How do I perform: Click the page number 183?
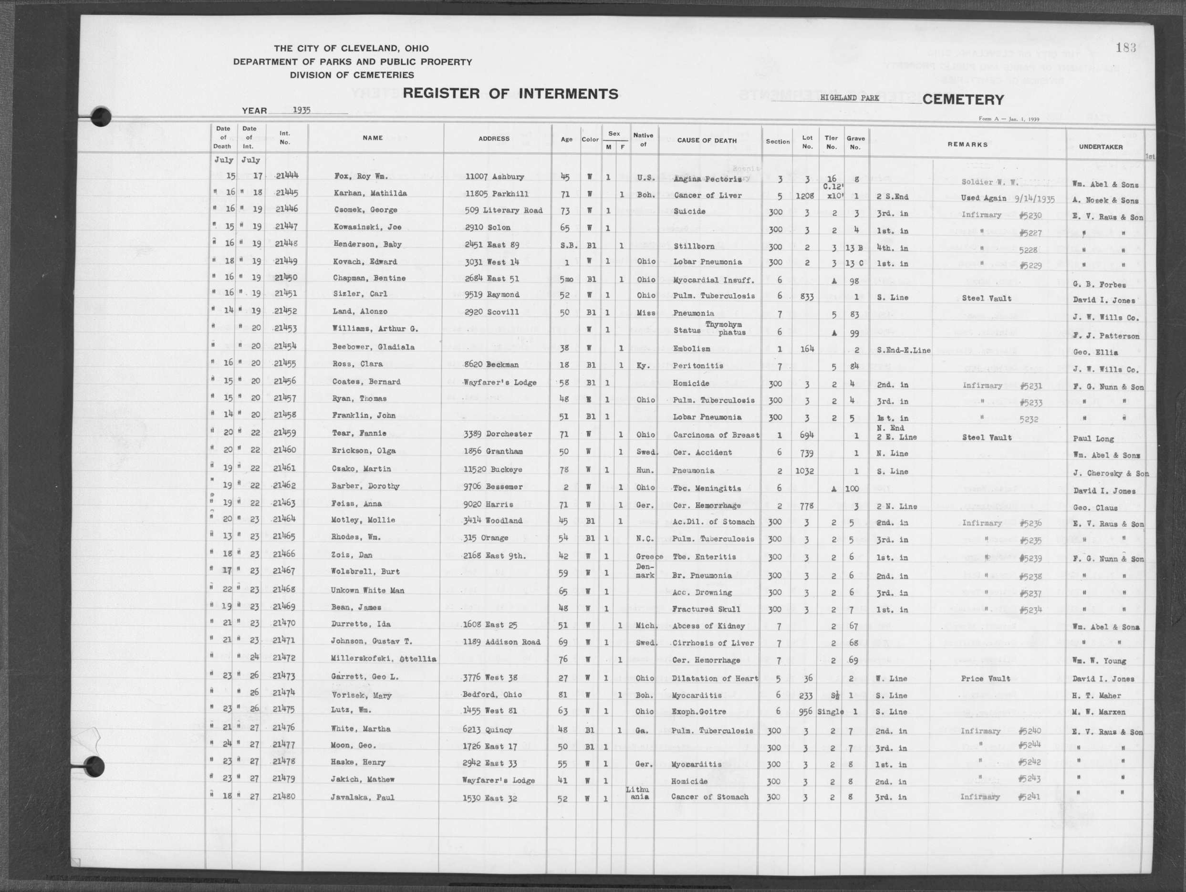(x=1125, y=48)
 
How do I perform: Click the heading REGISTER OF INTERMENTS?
(x=510, y=94)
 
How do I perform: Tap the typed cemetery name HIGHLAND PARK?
(x=849, y=98)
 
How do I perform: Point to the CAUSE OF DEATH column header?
(x=707, y=140)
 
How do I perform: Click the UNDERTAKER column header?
(x=1101, y=146)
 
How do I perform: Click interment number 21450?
(x=286, y=278)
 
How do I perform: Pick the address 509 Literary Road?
(x=503, y=210)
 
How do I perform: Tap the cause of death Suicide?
(x=689, y=211)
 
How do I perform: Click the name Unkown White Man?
(x=367, y=590)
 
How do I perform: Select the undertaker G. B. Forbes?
(x=1099, y=284)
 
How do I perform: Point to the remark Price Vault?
(x=986, y=679)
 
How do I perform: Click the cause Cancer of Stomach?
(x=709, y=797)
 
